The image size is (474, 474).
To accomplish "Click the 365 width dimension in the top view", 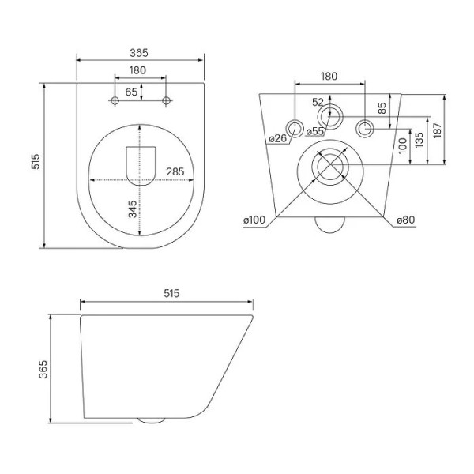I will click(x=139, y=52).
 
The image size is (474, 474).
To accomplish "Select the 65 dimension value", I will click(x=131, y=92).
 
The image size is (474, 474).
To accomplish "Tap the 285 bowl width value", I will click(x=175, y=171).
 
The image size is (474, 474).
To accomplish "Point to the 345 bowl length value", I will click(x=133, y=209).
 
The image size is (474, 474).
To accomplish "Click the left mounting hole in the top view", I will click(x=115, y=101).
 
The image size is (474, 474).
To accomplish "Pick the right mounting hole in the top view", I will click(x=166, y=101).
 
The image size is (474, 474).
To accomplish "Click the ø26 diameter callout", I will click(x=277, y=139).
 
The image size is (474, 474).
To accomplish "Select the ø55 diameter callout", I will click(x=315, y=132).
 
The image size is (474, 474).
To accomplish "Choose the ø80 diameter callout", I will click(x=405, y=220).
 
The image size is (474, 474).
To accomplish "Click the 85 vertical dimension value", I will click(x=382, y=107).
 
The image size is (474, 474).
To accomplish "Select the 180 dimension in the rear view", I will click(x=329, y=76).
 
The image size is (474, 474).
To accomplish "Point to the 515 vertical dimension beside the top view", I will click(x=35, y=164).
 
